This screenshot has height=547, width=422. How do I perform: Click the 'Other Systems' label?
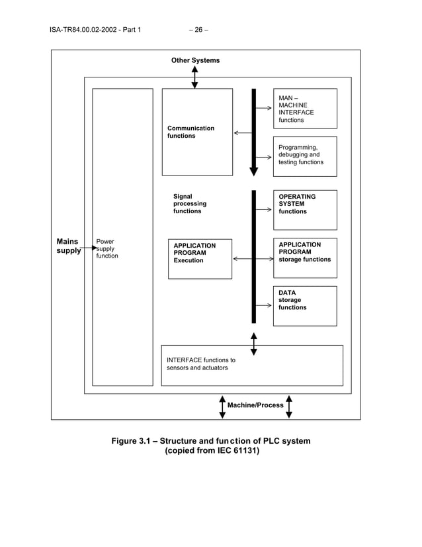(195, 60)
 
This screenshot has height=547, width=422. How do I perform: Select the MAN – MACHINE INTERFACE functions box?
(305, 109)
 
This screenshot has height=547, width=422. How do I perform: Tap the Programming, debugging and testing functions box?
(305, 156)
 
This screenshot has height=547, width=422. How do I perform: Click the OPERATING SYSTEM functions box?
(305, 210)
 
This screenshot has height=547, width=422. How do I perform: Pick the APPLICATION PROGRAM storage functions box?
(305, 258)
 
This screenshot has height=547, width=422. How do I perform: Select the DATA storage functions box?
(305, 306)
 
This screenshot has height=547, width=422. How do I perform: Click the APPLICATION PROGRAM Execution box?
(200, 259)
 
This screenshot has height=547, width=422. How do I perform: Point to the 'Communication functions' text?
(190, 132)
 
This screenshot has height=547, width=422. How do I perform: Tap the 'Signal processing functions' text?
(190, 204)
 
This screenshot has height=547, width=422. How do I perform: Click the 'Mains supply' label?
(67, 246)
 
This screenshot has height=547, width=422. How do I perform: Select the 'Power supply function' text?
(107, 249)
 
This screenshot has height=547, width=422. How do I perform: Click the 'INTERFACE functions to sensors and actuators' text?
(200, 364)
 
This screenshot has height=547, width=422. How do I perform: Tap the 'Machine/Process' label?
(255, 405)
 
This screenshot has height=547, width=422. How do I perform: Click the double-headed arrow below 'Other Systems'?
(194, 77)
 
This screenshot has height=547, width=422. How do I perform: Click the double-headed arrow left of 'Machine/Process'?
(222, 407)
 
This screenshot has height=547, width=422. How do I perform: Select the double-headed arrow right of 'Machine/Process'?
(289, 407)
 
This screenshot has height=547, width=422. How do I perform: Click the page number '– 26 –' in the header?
(198, 29)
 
